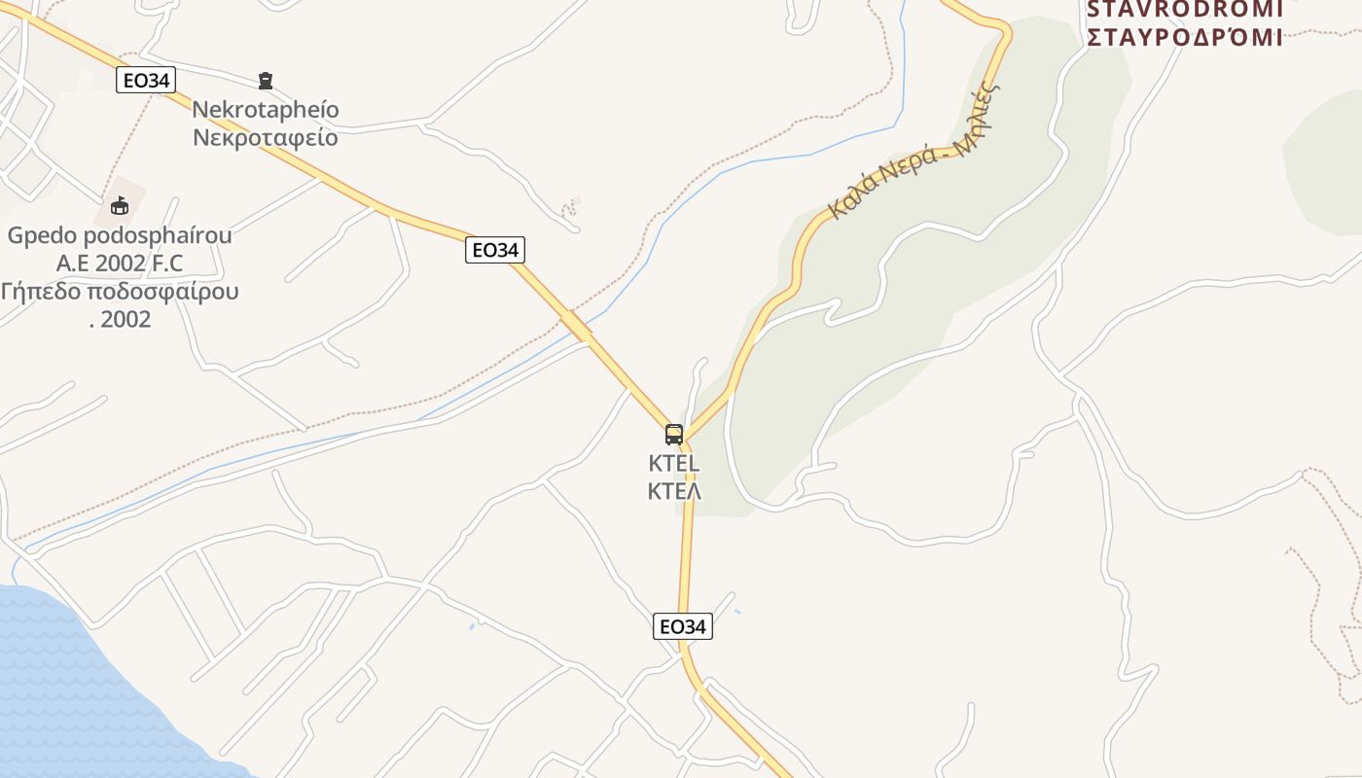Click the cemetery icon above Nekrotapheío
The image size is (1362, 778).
click(x=265, y=80)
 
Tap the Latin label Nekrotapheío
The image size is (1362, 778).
click(x=266, y=109)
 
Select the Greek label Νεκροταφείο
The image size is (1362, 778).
click(x=266, y=137)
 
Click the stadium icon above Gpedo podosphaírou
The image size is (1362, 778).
click(x=120, y=205)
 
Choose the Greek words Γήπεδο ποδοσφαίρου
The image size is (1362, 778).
click(x=120, y=292)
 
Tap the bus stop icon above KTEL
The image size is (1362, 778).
click(x=674, y=434)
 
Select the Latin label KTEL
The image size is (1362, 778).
click(x=674, y=464)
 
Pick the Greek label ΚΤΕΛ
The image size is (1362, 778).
click(x=674, y=491)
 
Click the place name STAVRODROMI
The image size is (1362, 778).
click(x=1184, y=10)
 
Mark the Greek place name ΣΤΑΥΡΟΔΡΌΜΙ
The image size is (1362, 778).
click(x=1184, y=38)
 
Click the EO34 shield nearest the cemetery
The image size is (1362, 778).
click(x=146, y=80)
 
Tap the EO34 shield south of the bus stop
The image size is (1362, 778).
click(x=683, y=626)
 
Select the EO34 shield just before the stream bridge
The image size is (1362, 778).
click(x=495, y=250)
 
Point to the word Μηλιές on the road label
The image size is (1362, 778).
click(x=977, y=119)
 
